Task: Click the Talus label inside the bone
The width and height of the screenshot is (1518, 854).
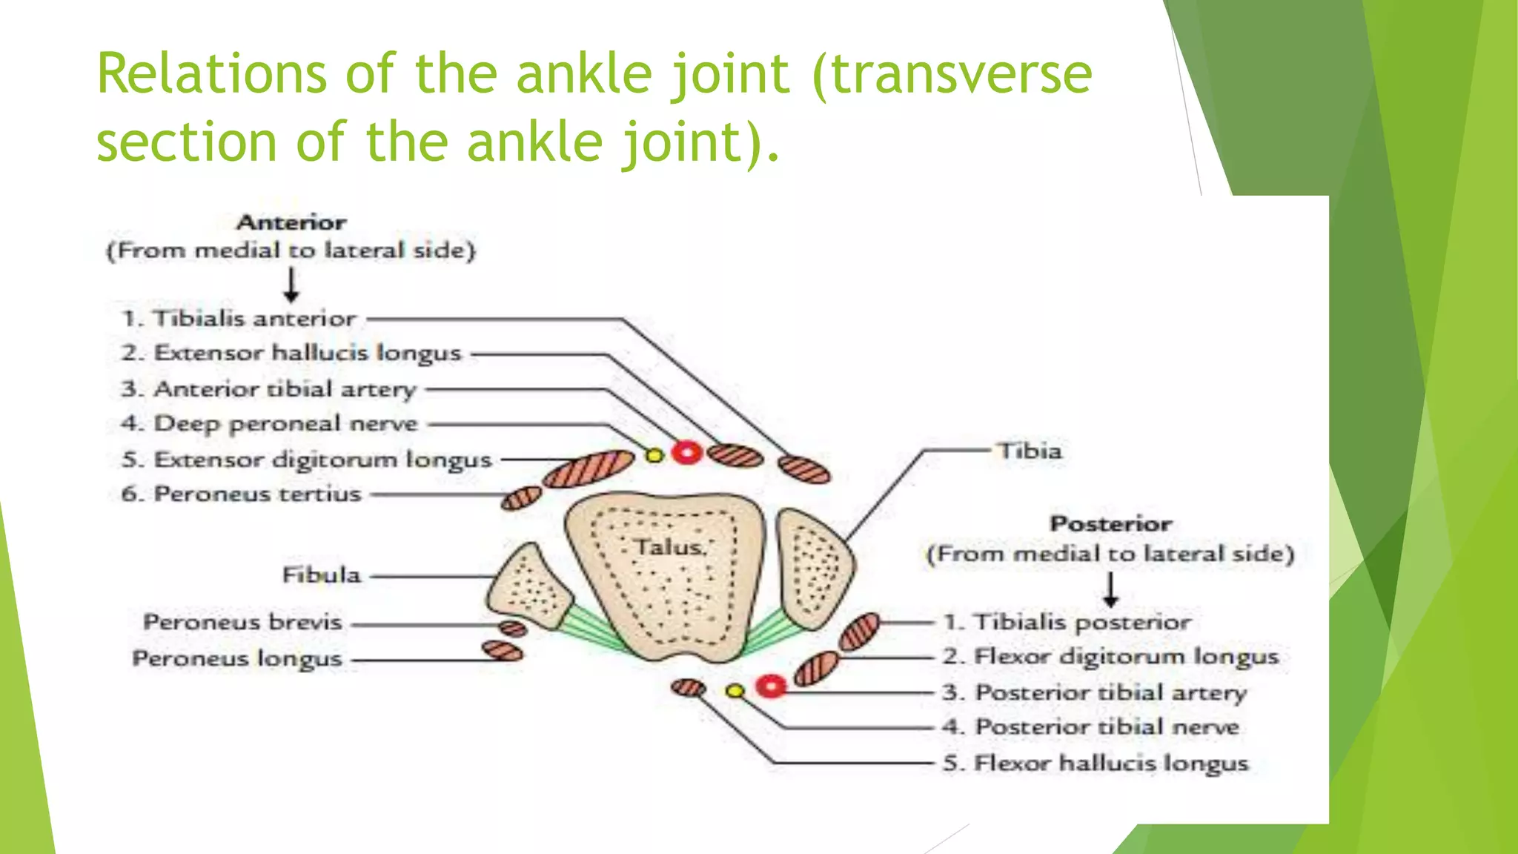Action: coord(669,547)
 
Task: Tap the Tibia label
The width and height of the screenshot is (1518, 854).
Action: coord(1030,451)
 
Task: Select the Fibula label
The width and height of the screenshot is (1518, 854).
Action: coord(321,575)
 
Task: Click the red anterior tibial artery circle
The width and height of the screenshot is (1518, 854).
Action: coord(686,452)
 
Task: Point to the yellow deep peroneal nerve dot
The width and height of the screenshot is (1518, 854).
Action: coord(654,455)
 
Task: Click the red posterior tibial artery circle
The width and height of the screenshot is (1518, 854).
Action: coord(771,687)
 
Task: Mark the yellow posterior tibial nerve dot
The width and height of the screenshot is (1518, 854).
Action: coord(735,691)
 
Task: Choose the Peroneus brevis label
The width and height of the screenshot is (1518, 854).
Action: coord(242,621)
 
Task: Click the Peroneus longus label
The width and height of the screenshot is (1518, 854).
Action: coord(237,658)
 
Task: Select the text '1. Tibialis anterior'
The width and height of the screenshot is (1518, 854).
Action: coord(239,319)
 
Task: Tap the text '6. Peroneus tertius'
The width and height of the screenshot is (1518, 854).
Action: coord(241,494)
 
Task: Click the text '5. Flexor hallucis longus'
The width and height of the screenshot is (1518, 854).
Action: coord(1096,763)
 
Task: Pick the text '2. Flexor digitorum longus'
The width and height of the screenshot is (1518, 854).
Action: coord(1110,656)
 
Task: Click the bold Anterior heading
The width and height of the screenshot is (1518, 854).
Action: coord(291,222)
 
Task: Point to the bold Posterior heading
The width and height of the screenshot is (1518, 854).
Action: coord(1110,523)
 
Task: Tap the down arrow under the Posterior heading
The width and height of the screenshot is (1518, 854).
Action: coord(1110,590)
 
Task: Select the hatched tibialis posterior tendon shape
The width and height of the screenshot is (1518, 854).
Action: coord(860,632)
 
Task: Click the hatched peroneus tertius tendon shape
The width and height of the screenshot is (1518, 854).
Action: coord(521,498)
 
